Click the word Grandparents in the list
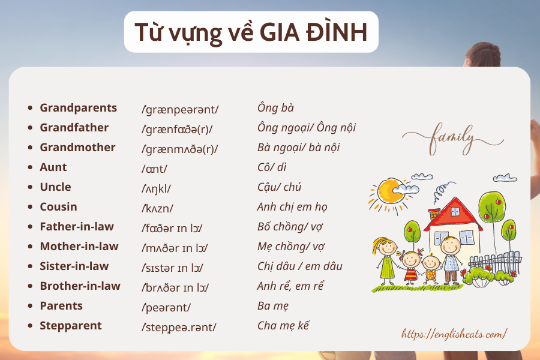(x=79, y=108)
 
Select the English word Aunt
(x=53, y=167)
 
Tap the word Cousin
(x=59, y=206)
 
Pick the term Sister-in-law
(x=74, y=266)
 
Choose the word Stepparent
(x=71, y=326)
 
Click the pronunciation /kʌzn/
(x=157, y=208)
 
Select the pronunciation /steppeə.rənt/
(x=179, y=327)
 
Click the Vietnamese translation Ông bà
(x=275, y=108)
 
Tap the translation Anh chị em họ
(x=292, y=207)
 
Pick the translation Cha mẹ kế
(x=283, y=326)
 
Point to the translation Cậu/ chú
(x=279, y=187)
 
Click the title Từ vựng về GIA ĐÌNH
(x=251, y=32)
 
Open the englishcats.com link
(x=454, y=334)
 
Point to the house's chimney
(x=434, y=214)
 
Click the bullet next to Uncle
(x=31, y=187)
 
